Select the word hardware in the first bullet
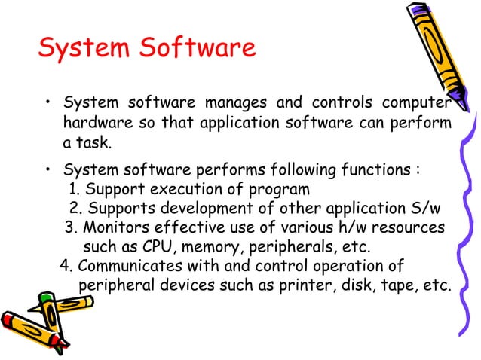pyautogui.click(x=96, y=122)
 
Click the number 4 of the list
pyautogui.click(x=65, y=266)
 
